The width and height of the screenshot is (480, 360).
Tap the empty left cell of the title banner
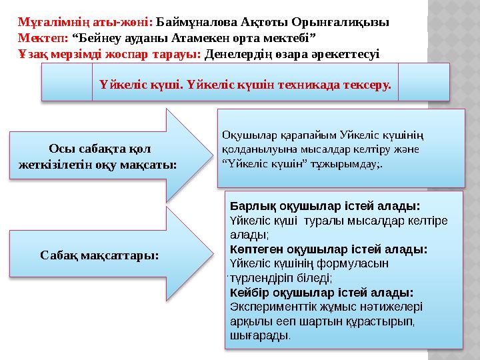click(67, 82)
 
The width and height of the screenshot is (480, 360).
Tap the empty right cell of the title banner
click(423, 82)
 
